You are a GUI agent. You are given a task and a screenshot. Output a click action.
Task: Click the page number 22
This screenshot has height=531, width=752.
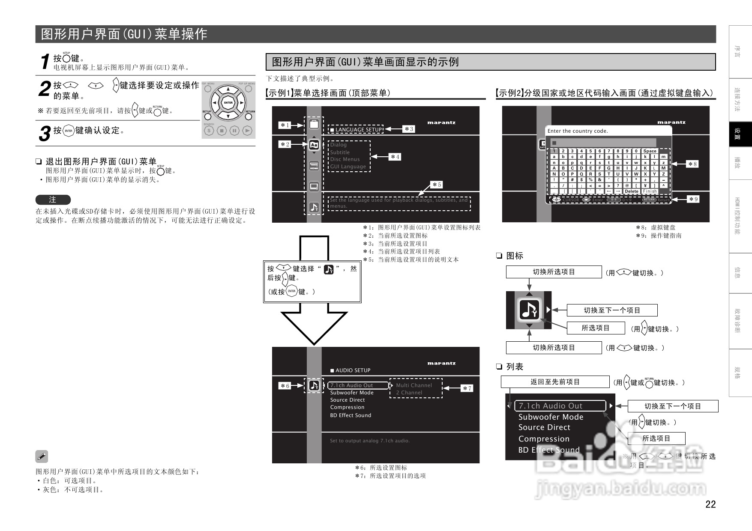point(710,504)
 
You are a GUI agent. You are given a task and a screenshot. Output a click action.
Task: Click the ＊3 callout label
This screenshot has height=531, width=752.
point(409,129)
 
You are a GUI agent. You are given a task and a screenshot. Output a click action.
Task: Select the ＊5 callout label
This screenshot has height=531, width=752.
point(436,185)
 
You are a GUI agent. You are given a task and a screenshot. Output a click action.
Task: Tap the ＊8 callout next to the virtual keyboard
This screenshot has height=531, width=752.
point(692,164)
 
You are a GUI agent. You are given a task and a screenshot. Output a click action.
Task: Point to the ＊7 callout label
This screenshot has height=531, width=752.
point(466,388)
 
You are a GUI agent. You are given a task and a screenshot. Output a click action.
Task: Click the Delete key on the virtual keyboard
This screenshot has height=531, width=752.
point(631,191)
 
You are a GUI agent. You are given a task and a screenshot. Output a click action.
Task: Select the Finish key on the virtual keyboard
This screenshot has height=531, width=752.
point(650,191)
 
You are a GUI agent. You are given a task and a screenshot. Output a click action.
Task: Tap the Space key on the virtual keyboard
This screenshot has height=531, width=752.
point(650,151)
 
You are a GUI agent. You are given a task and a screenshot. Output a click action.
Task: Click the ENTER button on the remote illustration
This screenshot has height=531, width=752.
point(228,103)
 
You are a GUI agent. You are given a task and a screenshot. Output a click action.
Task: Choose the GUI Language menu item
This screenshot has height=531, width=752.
point(348,167)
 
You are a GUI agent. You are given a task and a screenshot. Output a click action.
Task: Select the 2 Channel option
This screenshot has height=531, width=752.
point(409,393)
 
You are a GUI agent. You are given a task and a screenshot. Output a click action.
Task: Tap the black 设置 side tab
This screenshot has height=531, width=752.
point(740,134)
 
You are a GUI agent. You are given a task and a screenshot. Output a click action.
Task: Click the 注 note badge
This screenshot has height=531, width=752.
point(53,200)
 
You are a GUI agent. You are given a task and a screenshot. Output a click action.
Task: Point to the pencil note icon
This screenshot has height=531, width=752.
point(42,456)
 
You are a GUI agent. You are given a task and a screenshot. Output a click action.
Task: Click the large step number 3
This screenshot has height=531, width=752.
point(44,133)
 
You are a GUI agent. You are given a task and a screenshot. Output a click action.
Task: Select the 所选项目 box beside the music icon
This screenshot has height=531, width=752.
point(595,328)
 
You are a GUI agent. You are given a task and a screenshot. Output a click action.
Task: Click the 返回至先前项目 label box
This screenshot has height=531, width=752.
point(555,382)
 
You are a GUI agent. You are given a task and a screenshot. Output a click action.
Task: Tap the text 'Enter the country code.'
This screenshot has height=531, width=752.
point(577,131)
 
